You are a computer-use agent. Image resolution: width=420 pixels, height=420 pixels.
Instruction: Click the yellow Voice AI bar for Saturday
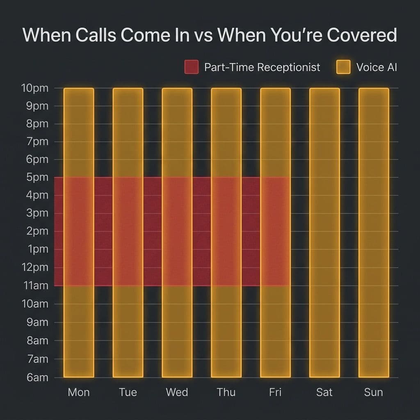coord(324,233)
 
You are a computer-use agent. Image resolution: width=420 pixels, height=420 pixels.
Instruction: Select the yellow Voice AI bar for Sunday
coord(374,233)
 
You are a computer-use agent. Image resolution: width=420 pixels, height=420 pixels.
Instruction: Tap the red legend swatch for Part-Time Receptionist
coord(191,67)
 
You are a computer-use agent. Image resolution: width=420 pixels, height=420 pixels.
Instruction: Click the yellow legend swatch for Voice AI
coord(343,67)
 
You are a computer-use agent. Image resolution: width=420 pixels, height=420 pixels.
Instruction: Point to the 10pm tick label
coord(34,88)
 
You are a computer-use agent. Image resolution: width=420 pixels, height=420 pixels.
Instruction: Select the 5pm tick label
coord(37,178)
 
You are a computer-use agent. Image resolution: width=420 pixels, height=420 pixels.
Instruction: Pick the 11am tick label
coord(35,285)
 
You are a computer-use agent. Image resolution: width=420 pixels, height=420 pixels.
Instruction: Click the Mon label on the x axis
coord(79,392)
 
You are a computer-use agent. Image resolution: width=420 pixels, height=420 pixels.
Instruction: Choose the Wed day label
coord(177,392)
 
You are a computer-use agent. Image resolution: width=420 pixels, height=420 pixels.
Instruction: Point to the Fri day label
coord(275,392)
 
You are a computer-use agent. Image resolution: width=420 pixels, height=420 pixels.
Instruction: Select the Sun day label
coord(373,392)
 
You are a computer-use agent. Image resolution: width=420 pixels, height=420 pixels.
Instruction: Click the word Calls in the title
coord(95,35)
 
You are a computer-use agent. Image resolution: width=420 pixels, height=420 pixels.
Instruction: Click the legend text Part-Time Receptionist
coord(262,67)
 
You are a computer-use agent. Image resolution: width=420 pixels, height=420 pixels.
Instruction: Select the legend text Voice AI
coord(377,67)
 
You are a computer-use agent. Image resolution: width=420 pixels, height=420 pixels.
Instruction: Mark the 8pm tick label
coord(37,124)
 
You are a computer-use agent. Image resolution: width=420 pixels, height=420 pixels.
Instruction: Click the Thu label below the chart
coord(226,392)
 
